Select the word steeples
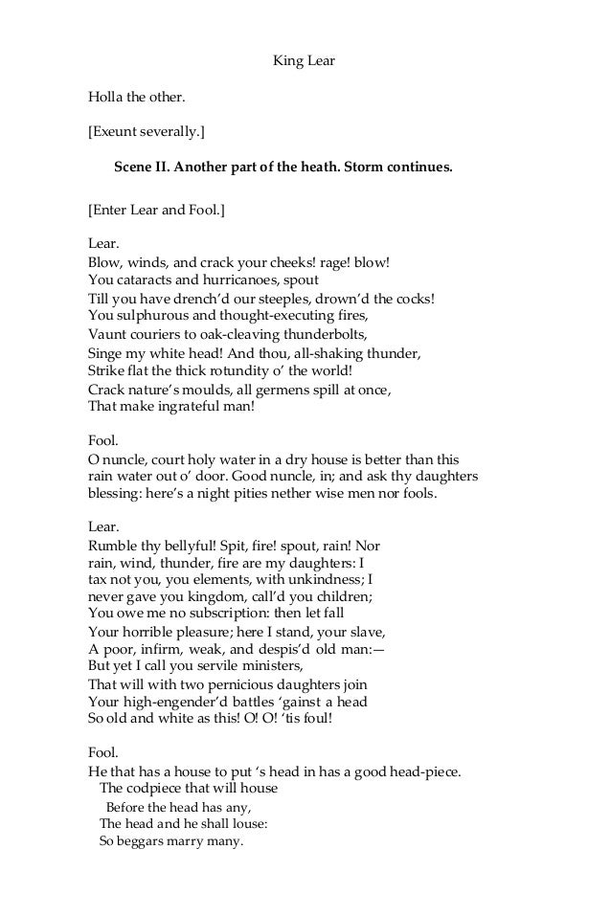pos(275,298)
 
